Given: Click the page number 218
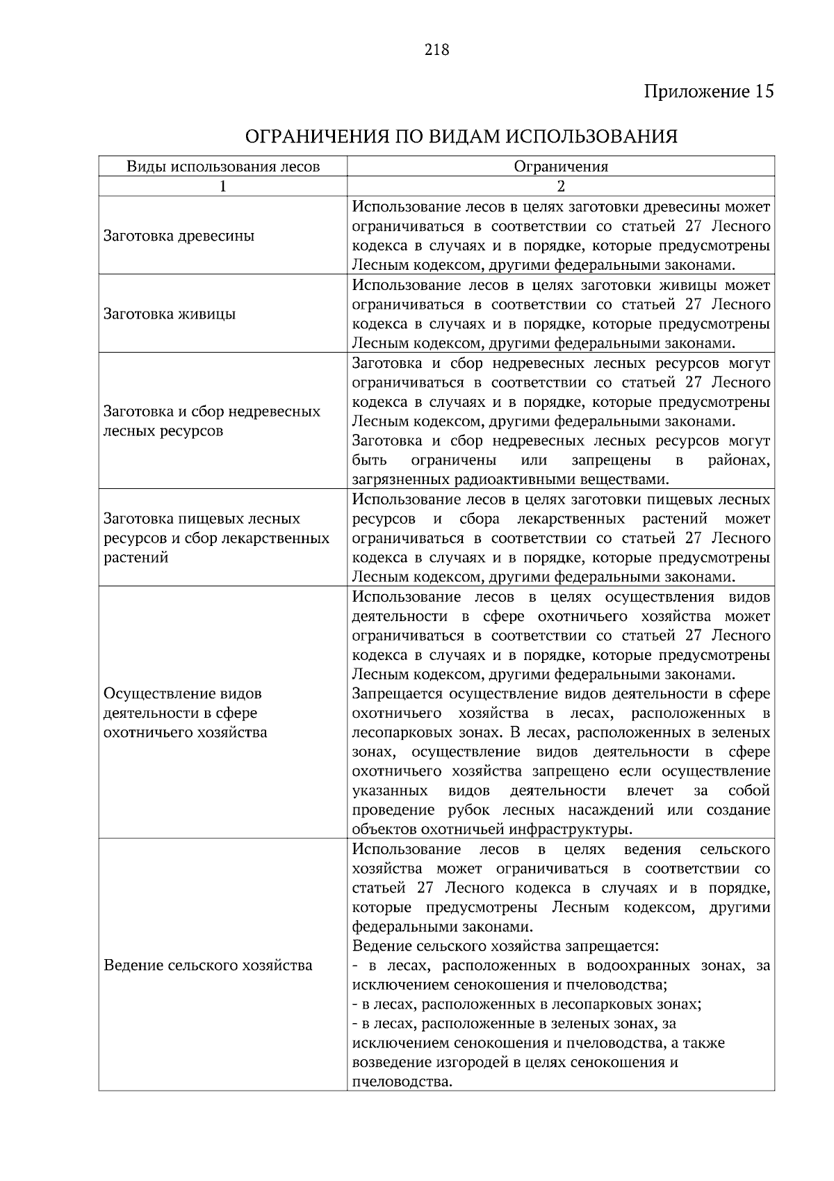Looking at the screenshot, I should point(436,50).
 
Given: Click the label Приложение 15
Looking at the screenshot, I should point(708,92).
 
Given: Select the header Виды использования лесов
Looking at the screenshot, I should point(223,166).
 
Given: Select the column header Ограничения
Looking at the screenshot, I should point(561,166).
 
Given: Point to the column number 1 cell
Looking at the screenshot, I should point(223,186).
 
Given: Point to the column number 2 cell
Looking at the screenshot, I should point(561,186).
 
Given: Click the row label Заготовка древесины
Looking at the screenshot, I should point(179,236).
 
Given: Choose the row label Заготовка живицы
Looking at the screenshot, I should point(170,314).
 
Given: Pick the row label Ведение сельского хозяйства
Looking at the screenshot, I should point(208,965).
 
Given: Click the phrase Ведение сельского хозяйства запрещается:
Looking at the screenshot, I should point(505,946).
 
